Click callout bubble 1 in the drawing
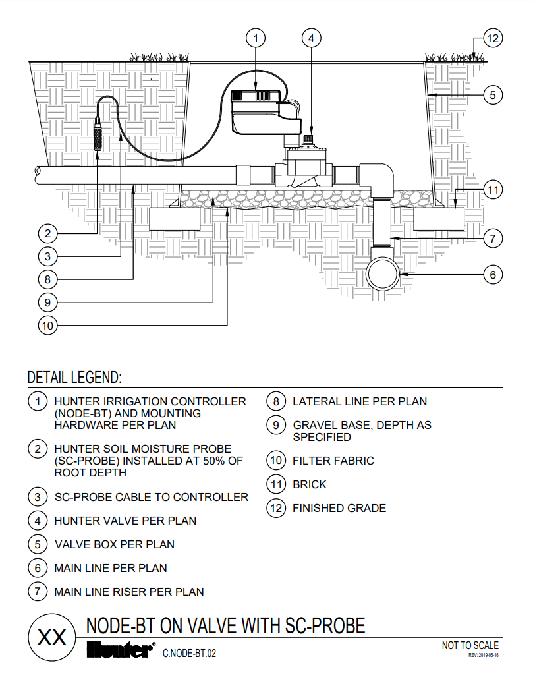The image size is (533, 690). (x=256, y=39)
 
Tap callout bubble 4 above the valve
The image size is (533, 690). (x=312, y=39)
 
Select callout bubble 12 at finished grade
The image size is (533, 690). (x=492, y=39)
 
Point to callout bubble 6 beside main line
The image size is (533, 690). (x=492, y=274)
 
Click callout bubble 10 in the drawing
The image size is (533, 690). (x=47, y=326)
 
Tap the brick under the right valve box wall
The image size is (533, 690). (x=438, y=219)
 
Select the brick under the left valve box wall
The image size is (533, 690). (x=174, y=219)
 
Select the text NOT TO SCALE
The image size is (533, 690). (x=470, y=645)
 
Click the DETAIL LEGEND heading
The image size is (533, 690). (x=74, y=378)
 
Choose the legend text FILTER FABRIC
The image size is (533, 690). (x=333, y=461)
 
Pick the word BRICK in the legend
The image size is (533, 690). (x=310, y=484)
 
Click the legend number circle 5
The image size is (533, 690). (x=38, y=544)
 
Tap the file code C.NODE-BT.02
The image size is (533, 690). (x=190, y=654)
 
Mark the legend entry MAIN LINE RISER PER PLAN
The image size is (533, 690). (x=128, y=592)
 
